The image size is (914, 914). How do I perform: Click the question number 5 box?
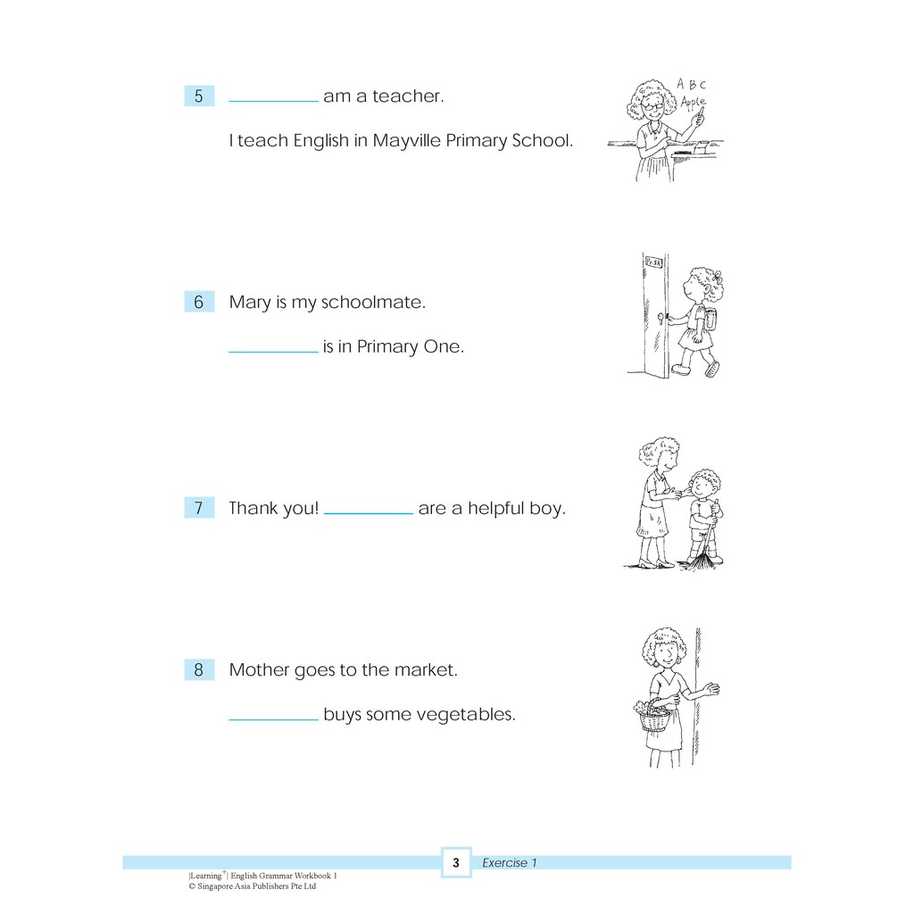199,96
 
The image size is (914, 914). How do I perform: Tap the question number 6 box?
199,302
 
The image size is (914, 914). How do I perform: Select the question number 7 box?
199,508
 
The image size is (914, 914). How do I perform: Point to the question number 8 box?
199,669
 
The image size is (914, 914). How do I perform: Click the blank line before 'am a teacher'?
273,102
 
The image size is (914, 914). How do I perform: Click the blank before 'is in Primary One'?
273,352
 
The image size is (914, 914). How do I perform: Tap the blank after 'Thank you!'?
369,513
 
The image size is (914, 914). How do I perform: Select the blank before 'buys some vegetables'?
273,720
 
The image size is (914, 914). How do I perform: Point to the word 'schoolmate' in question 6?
373,302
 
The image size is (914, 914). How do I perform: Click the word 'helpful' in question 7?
496,508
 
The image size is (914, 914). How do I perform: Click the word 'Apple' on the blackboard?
693,103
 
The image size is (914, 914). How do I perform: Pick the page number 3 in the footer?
456,863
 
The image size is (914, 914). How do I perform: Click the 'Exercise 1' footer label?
509,863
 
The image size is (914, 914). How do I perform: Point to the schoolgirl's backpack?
710,319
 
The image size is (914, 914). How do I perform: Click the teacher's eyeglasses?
652,106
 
